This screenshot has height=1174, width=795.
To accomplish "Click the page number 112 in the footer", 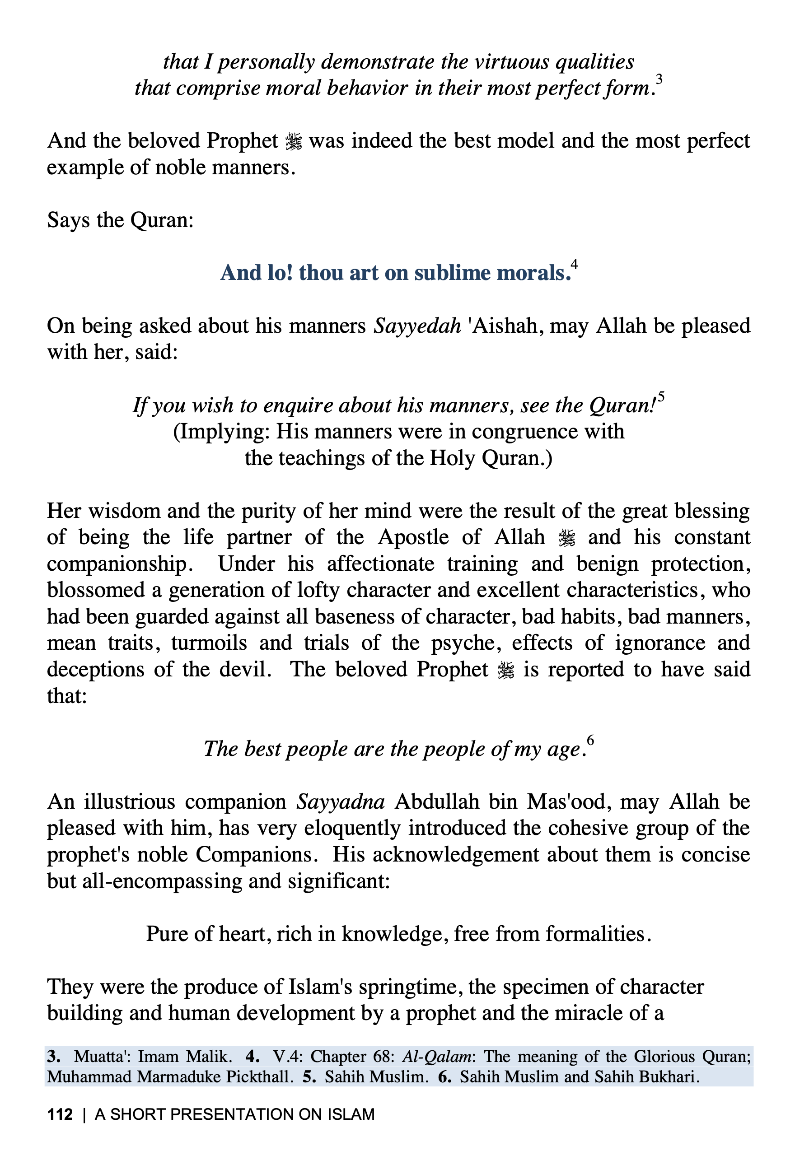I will [x=60, y=1114].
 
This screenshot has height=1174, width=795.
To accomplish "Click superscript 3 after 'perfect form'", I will [x=659, y=80].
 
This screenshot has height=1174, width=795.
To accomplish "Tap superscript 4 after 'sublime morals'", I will [x=574, y=264].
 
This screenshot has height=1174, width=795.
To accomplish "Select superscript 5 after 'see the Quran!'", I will [x=661, y=396].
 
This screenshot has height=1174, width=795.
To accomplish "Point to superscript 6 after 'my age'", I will [x=590, y=741].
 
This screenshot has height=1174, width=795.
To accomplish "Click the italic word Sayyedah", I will [x=417, y=326].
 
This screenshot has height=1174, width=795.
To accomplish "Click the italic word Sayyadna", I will [x=341, y=801].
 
